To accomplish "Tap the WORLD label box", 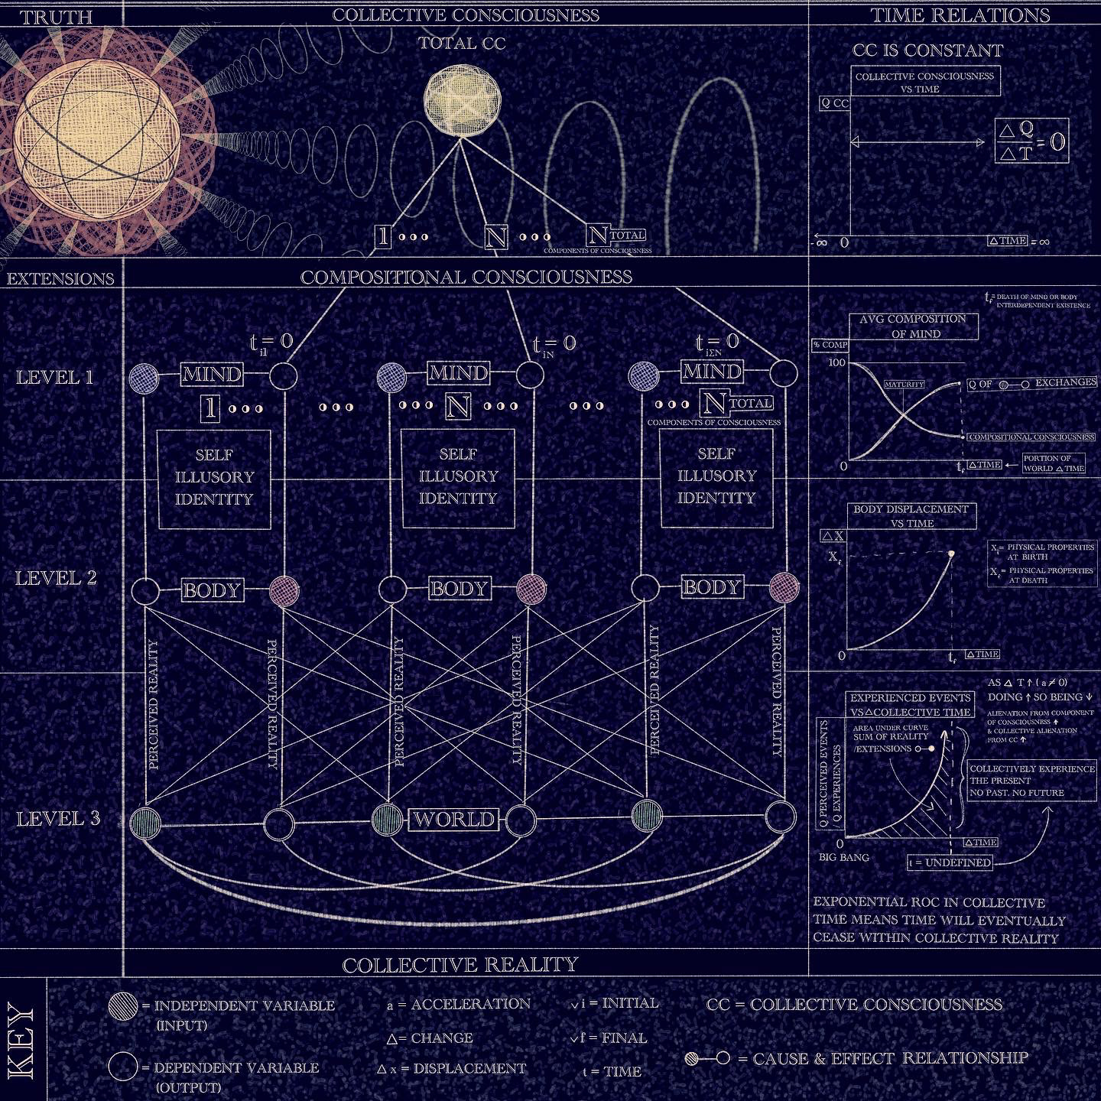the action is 454,820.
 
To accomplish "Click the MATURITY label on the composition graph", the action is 905,385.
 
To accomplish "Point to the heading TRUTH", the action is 57,17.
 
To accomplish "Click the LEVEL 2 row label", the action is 57,578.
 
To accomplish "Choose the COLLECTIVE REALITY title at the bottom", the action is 460,965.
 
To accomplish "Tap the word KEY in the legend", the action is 21,1042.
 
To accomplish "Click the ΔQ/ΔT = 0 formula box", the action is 1031,141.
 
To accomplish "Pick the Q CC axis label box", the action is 834,103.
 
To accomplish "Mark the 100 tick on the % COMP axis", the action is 836,362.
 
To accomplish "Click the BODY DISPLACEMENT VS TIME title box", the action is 911,516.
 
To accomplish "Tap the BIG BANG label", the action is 843,857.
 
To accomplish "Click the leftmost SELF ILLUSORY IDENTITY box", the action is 214,479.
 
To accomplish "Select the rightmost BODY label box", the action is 712,587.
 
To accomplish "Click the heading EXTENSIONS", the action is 60,278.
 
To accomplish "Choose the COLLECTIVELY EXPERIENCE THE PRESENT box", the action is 1031,781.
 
